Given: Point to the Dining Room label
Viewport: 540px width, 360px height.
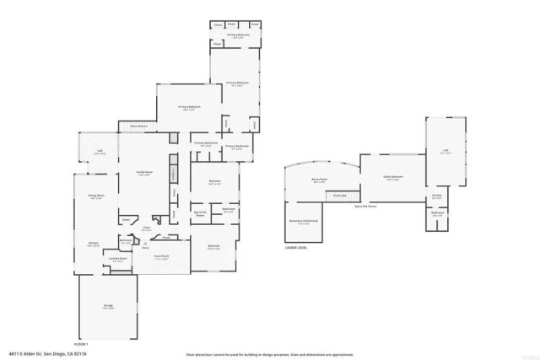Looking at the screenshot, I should click(x=95, y=196).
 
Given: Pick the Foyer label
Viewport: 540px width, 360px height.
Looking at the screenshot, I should click(x=146, y=228).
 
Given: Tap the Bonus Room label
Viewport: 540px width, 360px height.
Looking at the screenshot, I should click(x=318, y=180).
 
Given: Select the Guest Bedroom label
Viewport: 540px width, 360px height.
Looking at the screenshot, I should click(x=393, y=177).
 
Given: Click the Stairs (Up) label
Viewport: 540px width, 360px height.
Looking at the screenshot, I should click(x=340, y=196).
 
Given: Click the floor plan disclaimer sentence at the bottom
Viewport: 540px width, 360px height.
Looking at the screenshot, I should click(x=270, y=354).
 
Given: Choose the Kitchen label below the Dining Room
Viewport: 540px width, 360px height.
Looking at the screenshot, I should click(x=94, y=244).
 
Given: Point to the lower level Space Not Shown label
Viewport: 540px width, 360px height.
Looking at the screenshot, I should click(x=364, y=205).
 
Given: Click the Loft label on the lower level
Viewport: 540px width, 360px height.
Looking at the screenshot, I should click(x=445, y=152).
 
